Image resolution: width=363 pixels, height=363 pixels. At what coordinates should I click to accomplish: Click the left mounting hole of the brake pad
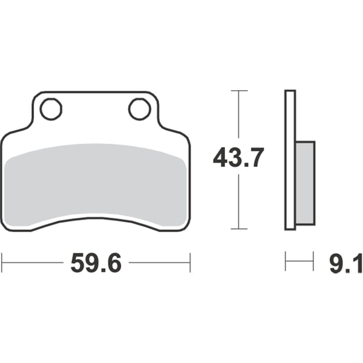pyautogui.click(x=51, y=110)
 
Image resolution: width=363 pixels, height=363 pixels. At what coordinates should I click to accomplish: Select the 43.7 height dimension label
pyautogui.click(x=238, y=159)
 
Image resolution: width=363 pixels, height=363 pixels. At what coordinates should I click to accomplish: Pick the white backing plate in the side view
pyautogui.click(x=290, y=160)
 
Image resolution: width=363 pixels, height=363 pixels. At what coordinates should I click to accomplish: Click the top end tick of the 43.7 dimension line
pyautogui.click(x=240, y=91)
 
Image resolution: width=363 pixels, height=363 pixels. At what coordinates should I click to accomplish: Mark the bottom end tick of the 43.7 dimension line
pyautogui.click(x=240, y=229)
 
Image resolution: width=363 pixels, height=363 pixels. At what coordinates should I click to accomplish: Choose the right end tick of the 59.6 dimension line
pyautogui.click(x=191, y=263)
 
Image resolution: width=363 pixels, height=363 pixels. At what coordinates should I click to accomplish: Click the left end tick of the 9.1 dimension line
pyautogui.click(x=286, y=263)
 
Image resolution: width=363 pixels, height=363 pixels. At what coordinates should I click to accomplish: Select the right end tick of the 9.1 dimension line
pyautogui.click(x=313, y=263)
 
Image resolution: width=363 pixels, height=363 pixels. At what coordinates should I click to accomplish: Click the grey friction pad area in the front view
pyautogui.click(x=97, y=185)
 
